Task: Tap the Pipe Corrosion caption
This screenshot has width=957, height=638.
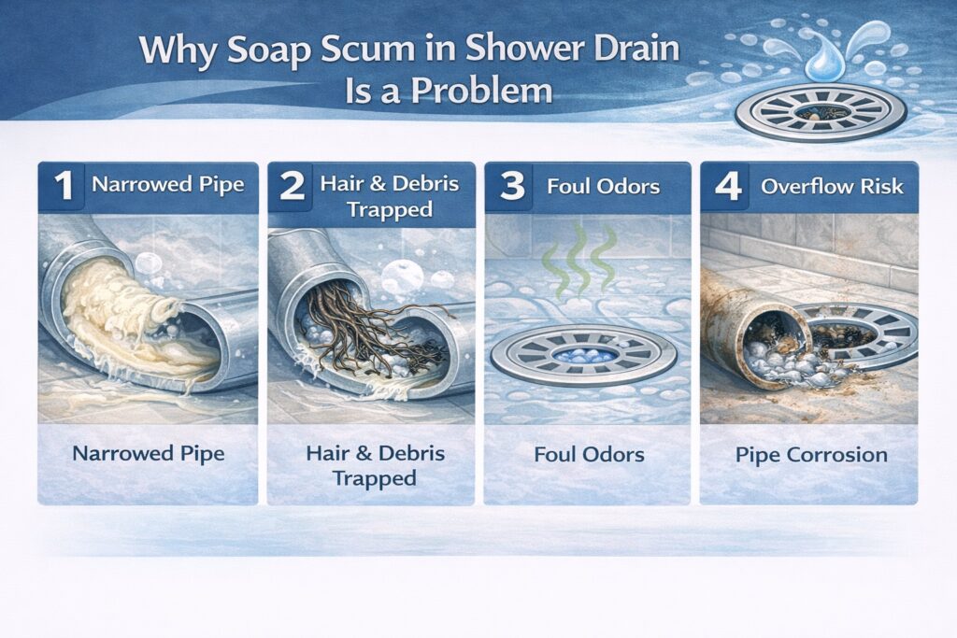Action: click(x=808, y=456)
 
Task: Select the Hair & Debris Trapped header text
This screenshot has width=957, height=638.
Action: click(x=391, y=196)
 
